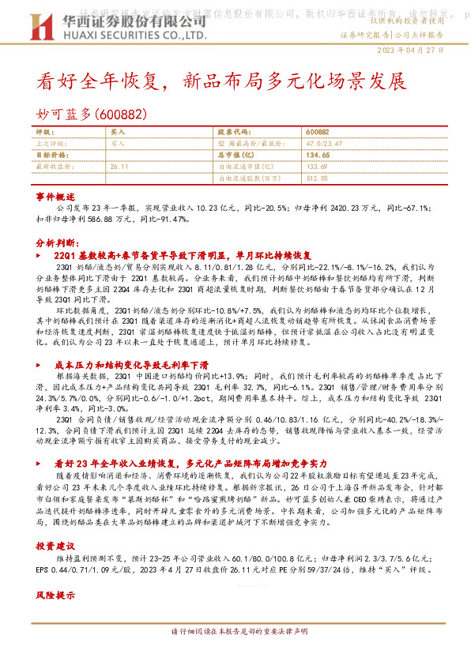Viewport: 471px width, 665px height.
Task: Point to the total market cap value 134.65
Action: (317, 156)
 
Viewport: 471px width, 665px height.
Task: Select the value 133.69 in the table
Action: (316, 167)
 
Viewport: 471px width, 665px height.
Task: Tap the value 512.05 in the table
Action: (316, 178)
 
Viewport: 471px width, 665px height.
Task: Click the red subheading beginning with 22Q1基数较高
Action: (183, 257)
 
